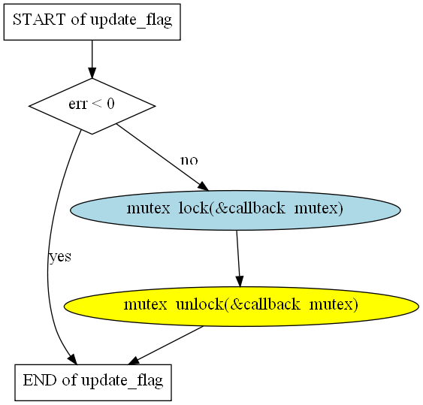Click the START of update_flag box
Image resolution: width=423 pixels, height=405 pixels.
tap(92, 22)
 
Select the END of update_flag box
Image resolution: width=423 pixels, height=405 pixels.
tap(93, 382)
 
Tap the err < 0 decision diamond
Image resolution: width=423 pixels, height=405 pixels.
tap(92, 106)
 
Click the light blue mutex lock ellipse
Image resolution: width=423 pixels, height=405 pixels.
tap(235, 210)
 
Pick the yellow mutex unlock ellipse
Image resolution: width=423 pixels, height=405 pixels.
tap(241, 307)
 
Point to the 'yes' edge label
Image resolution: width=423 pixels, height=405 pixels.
tap(60, 257)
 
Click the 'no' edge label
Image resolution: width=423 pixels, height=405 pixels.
tap(189, 160)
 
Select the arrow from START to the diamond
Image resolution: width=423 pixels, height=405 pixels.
tap(92, 59)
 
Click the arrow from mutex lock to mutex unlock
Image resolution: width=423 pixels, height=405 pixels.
tap(238, 258)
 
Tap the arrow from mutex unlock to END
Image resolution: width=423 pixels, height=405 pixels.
tap(165, 346)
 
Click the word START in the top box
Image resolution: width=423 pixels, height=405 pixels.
tap(39, 20)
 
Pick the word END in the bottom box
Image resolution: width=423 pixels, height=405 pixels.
tap(40, 380)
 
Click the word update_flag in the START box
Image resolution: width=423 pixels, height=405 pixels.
tap(131, 20)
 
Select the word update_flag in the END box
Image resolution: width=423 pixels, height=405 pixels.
tap(122, 381)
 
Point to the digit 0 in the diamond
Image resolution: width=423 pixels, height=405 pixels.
tap(110, 104)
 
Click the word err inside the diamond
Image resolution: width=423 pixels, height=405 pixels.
tap(78, 104)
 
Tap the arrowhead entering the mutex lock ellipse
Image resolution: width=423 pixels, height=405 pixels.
tap(203, 186)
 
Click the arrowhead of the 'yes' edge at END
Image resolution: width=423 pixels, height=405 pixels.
tap(72, 359)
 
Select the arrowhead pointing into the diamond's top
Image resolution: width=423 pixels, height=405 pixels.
tap(92, 73)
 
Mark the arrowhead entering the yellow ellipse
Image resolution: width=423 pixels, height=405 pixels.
tap(240, 282)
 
